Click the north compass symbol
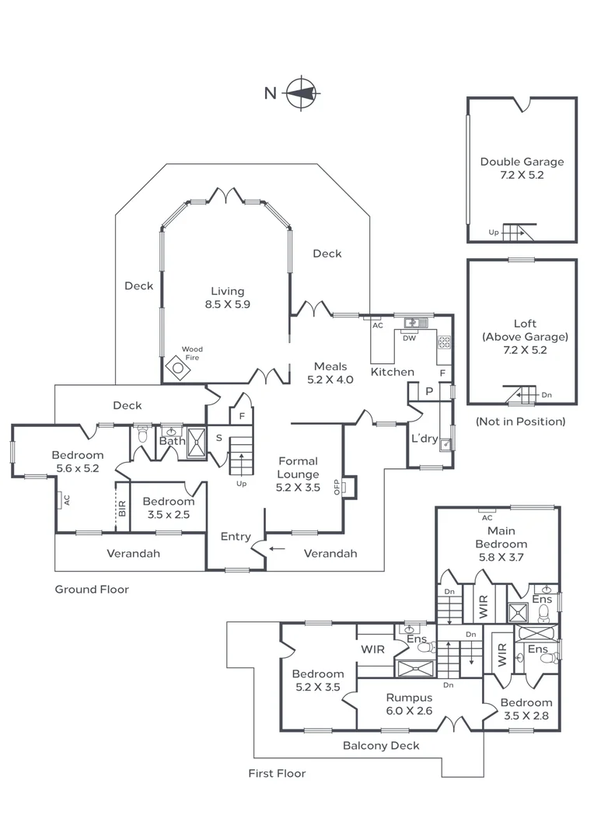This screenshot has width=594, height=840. tap(302, 93)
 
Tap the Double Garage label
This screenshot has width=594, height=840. tap(522, 168)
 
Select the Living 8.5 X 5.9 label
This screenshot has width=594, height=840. tap(227, 298)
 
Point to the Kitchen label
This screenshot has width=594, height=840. tap(392, 372)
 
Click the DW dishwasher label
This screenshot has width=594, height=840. tap(409, 338)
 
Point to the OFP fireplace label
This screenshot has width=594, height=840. tap(337, 487)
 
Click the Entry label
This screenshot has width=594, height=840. tap(236, 537)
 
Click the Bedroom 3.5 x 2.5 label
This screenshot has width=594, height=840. tap(168, 508)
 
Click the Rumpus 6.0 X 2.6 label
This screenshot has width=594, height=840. tap(409, 704)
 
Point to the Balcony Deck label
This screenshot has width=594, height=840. tap(381, 746)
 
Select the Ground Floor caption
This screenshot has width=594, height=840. tap(92, 590)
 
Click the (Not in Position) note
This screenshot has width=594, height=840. tap(520, 422)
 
